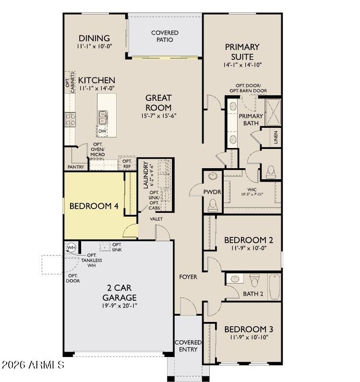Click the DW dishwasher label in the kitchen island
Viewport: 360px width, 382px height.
pos(102,131)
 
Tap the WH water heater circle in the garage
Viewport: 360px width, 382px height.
pos(72,248)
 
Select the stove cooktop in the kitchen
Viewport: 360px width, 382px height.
pos(70,119)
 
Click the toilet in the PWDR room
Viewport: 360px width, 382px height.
pos(213,205)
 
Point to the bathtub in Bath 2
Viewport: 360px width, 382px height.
pos(275,287)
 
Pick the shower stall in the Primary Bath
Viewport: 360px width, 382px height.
pos(273,112)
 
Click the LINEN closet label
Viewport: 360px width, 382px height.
pos(276,137)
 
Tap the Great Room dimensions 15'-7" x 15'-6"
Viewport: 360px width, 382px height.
pos(159,116)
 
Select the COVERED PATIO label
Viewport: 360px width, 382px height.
pos(165,36)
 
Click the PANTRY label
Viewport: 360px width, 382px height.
pos(76,167)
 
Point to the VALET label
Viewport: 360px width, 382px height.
pos(156,219)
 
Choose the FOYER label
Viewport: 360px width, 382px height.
pos(188,277)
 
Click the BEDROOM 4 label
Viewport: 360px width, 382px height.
pos(94,206)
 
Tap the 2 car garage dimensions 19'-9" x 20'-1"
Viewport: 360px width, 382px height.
pos(120,306)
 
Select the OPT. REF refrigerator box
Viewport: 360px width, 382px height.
pos(127,163)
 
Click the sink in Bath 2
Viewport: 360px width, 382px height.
pos(235,279)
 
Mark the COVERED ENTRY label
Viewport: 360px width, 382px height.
pos(188,345)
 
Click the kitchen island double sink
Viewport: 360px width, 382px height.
pos(103,118)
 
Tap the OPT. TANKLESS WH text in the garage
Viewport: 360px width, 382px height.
pos(92,260)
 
